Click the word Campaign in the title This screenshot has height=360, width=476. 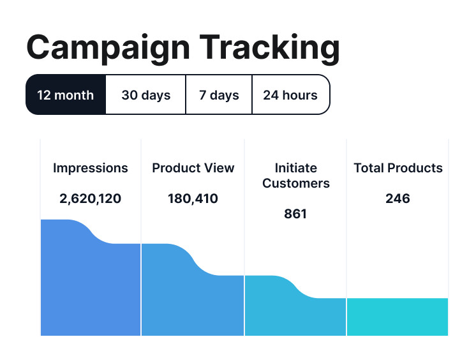(x=107, y=48)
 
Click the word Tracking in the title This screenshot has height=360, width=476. (x=269, y=48)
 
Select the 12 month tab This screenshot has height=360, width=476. (x=65, y=95)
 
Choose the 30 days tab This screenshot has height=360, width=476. (x=146, y=95)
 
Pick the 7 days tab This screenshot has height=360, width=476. (x=219, y=95)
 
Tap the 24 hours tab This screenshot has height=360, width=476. (x=290, y=95)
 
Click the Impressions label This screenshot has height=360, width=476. (x=91, y=169)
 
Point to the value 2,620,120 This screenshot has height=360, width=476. (x=91, y=199)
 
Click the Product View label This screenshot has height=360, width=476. (x=193, y=169)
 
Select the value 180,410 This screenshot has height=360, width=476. (x=193, y=199)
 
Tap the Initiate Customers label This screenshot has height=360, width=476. (x=296, y=176)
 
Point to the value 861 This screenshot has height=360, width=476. (x=295, y=214)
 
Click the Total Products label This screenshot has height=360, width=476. (x=398, y=169)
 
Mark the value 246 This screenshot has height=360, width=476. (x=398, y=199)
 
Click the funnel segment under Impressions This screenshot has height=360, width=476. (x=91, y=287)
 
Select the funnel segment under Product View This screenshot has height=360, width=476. (x=193, y=300)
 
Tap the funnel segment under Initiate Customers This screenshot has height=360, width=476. (x=295, y=313)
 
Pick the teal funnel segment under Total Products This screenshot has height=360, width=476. (x=398, y=317)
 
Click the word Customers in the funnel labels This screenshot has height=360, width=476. (x=296, y=184)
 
